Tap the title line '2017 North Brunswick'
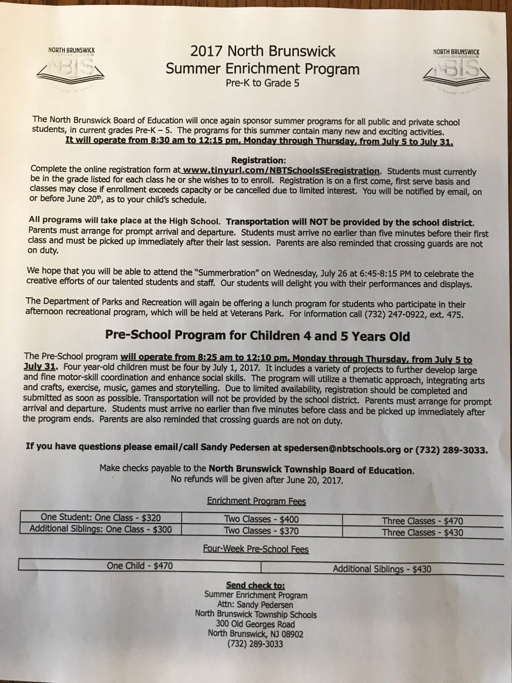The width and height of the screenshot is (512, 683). tap(263, 51)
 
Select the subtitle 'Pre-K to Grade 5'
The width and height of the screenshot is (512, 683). tap(262, 83)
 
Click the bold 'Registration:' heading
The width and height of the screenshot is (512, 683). tap(259, 160)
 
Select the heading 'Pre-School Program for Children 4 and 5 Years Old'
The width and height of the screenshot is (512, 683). tap(257, 335)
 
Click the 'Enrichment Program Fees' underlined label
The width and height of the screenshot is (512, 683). tap(256, 501)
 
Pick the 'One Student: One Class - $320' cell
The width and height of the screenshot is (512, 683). tap(101, 518)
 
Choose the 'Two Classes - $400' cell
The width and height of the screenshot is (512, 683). tap(261, 520)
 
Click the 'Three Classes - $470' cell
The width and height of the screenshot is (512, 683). tap(422, 521)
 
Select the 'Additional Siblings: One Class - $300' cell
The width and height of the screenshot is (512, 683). tap(100, 529)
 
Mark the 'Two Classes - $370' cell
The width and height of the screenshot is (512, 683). tap(261, 531)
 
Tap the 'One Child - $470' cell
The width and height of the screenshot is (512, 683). tap(140, 565)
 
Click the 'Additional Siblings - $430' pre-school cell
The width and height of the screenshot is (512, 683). tap(382, 569)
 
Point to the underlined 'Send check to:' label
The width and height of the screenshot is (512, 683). tap(256, 585)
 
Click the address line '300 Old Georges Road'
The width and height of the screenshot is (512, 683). tap(256, 624)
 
